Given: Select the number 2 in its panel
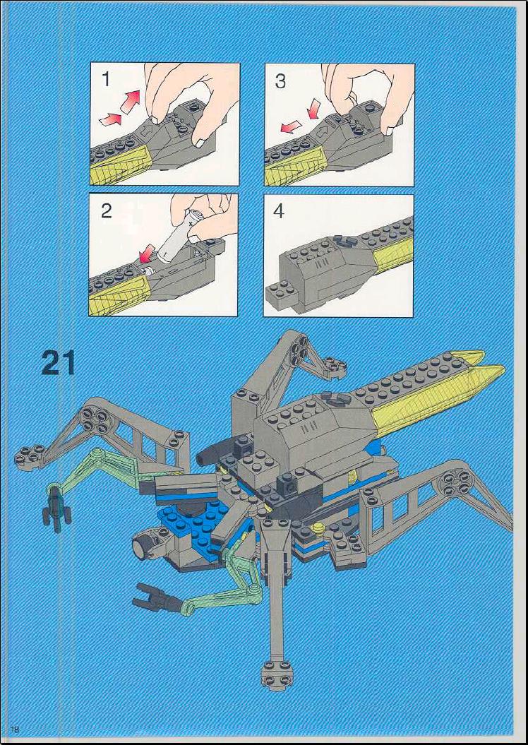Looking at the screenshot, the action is (x=107, y=210).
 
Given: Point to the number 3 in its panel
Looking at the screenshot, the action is (x=281, y=81).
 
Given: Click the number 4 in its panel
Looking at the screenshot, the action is (x=280, y=211).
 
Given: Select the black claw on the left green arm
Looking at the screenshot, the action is (x=56, y=510).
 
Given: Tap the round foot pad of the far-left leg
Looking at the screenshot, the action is (x=30, y=455).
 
